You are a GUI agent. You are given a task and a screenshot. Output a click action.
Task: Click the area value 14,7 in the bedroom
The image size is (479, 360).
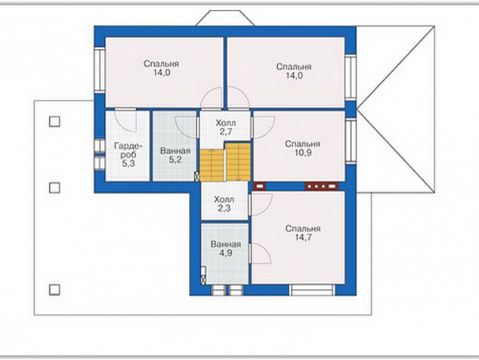pyautogui.click(x=303, y=237)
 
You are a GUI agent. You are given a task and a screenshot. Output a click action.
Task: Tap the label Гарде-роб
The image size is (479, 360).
pyautogui.click(x=128, y=151)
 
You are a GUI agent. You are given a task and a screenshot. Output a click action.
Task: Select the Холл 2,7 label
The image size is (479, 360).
pyautogui.click(x=225, y=127)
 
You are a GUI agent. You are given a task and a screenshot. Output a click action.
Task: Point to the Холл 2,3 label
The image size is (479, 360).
pyautogui.click(x=224, y=203)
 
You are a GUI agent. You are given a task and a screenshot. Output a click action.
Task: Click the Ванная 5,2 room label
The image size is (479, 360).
pyautogui.click(x=175, y=155)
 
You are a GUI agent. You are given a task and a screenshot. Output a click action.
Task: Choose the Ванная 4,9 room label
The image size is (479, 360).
pyautogui.click(x=225, y=249)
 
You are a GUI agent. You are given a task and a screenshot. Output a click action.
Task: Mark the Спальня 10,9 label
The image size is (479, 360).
pyautogui.click(x=302, y=148)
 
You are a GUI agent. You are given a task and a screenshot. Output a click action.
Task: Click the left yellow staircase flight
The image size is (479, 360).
pyautogui.click(x=212, y=165)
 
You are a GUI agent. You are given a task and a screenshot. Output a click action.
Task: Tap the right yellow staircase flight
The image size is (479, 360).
pyautogui.click(x=238, y=162)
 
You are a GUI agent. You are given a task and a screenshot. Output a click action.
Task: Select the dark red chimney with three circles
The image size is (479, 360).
pyautogui.click(x=321, y=186)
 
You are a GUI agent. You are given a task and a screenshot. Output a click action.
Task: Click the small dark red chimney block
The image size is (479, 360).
pyautogui.click(x=259, y=185)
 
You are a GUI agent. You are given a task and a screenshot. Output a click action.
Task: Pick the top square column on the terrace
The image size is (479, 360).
pyautogui.click(x=54, y=122)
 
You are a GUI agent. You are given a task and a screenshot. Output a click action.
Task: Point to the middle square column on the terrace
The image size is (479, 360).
pyautogui.click(x=54, y=188)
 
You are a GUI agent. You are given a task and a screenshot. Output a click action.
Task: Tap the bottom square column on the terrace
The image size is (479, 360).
pyautogui.click(x=54, y=290)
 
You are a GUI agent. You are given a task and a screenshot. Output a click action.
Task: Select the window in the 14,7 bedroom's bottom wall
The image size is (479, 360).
pyautogui.click(x=312, y=290)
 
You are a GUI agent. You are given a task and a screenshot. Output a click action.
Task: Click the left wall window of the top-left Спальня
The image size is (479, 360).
pyautogui.click(x=100, y=70)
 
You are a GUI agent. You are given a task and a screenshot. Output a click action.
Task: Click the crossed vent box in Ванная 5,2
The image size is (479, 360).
pyautogui.click(x=197, y=176)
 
